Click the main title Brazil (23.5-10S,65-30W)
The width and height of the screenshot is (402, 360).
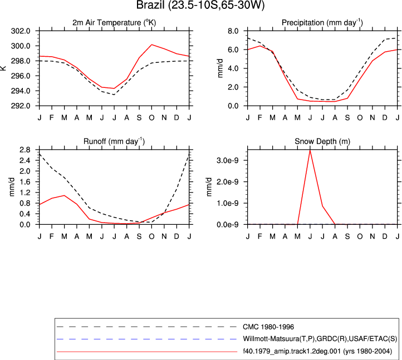pos(200,5)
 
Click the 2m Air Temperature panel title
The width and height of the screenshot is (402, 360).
pos(114,23)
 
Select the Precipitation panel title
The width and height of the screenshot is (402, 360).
pos(322,23)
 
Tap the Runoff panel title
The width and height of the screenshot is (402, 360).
pos(114,141)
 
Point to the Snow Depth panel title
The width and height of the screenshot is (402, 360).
pos(322,141)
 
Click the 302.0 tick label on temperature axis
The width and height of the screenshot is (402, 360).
pos(21,31)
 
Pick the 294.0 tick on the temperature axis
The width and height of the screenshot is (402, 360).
pos(21,91)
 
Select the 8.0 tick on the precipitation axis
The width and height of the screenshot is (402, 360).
pos(233,31)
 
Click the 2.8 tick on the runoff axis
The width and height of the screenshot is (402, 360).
pos(24,150)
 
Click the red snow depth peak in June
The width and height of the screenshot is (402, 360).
pos(310,150)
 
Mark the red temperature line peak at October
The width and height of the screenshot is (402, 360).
pos(152,45)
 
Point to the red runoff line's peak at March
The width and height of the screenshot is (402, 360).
pos(65,195)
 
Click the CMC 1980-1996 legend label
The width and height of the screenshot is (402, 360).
pos(268,327)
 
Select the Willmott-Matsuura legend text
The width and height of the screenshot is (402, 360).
pos(320,339)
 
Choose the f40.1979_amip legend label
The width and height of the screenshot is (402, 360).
pos(317,351)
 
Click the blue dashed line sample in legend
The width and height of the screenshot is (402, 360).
pos(146,339)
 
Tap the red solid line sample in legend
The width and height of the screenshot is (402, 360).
pos(146,352)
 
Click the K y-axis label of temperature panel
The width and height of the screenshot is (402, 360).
pos(3,68)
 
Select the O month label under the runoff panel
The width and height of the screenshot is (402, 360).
pos(152,236)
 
